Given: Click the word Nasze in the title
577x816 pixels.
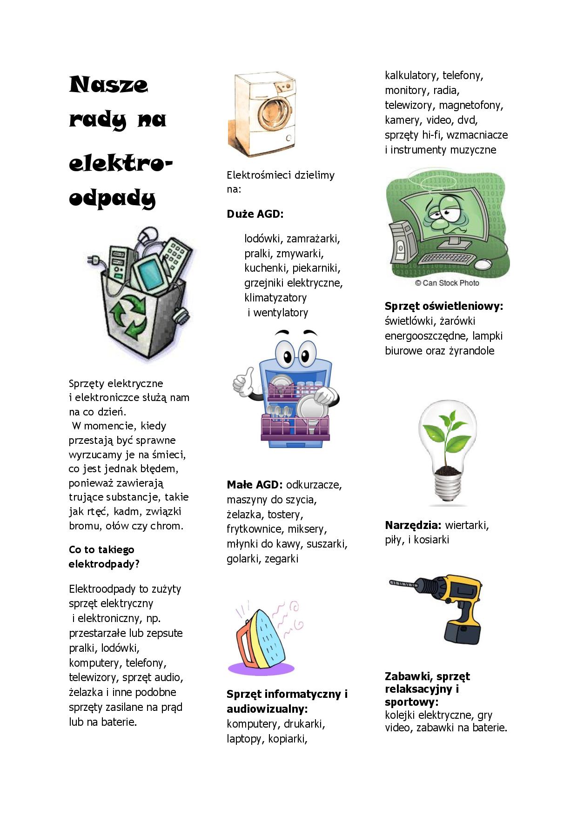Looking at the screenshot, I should click(108, 85).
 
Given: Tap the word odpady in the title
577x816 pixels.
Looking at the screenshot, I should click(112, 198).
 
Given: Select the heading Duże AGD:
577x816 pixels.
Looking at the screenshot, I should click(255, 214).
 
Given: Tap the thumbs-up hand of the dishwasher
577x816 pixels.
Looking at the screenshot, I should click(243, 381).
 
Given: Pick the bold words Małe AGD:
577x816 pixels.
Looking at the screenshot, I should click(255, 485).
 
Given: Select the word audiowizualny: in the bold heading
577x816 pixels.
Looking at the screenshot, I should click(267, 709).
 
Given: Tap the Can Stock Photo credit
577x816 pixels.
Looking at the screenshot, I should click(447, 283).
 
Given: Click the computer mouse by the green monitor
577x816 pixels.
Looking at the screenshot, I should click(483, 264).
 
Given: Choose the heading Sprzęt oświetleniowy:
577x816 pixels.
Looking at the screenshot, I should click(444, 306).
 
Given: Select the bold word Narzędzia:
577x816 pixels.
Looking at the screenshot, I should click(413, 525).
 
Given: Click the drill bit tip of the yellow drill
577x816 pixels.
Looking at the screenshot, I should click(394, 582).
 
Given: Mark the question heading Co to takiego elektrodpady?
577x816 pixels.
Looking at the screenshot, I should click(104, 557).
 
